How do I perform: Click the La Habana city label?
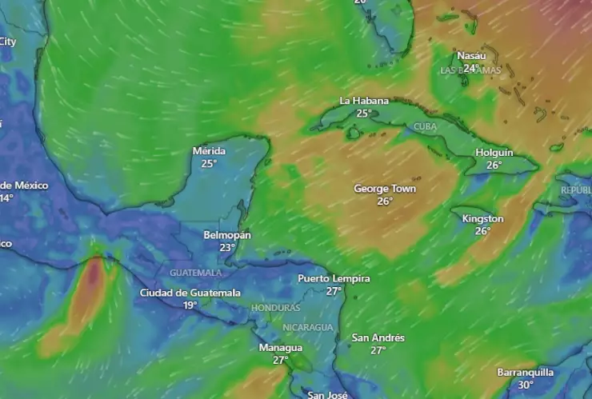[x=364, y=101]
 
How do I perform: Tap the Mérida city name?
[x=209, y=151]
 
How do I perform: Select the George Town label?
[x=385, y=189]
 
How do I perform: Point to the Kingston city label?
[x=482, y=218]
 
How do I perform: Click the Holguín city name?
[x=494, y=153]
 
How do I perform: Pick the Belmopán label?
[x=227, y=235]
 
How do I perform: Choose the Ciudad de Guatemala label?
[x=190, y=293]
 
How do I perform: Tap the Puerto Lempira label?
[x=334, y=278]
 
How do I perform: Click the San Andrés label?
[x=378, y=338]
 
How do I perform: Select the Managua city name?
[x=280, y=348]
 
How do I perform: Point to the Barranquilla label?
[x=525, y=372]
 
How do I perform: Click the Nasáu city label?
[x=471, y=56]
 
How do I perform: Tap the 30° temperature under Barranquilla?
[x=526, y=385]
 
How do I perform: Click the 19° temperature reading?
[x=190, y=305]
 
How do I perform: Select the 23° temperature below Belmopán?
[x=227, y=248]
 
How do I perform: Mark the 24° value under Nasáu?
[x=471, y=68]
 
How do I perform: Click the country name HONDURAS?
[x=276, y=308]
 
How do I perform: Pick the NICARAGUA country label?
[x=307, y=328]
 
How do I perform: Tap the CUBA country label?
[x=426, y=127]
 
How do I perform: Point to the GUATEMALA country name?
[x=195, y=273]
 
